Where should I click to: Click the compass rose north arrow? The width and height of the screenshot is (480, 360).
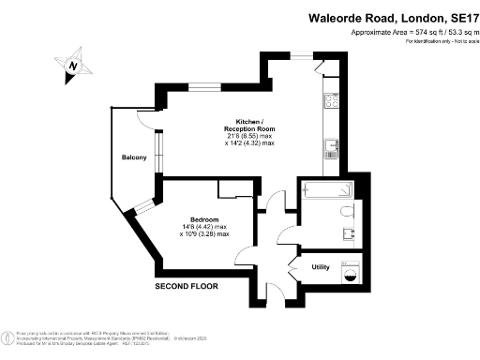pos(73,67)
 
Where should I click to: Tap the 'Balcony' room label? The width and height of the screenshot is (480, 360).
pos(133,157)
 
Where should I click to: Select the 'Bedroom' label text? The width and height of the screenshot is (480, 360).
pos(203,218)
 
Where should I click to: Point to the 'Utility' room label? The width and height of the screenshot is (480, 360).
pos(320,267)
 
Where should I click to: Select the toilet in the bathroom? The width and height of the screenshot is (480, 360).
pos(348,209)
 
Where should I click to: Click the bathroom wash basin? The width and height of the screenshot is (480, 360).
pos(348,234)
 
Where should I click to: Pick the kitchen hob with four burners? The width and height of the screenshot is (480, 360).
pos(332,99)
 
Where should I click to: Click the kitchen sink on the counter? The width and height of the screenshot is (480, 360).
pos(332,145)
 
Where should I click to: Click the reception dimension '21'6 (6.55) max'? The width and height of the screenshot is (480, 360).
pos(249,136)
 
